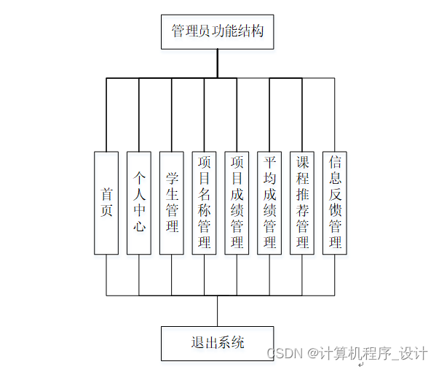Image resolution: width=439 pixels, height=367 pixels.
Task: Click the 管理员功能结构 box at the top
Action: (217, 32)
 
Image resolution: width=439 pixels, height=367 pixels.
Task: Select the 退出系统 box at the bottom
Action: (217, 343)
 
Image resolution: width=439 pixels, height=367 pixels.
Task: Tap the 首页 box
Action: (106, 202)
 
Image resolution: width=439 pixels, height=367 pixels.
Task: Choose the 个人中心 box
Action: (139, 202)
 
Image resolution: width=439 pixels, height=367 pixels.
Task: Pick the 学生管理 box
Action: (172, 202)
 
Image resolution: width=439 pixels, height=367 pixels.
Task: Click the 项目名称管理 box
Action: (205, 202)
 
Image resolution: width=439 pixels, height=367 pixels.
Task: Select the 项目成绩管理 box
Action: (237, 202)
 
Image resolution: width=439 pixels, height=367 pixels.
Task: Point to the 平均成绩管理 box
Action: (269, 202)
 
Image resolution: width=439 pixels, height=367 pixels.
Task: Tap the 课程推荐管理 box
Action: (302, 202)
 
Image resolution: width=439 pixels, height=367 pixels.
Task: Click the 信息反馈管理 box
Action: (335, 202)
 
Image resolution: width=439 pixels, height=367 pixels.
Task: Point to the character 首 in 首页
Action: (107, 194)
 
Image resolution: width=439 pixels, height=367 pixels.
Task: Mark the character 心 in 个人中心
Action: (139, 226)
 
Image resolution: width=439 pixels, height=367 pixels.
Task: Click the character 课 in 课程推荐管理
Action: (302, 162)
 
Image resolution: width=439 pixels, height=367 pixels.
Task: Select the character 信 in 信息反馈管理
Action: (335, 162)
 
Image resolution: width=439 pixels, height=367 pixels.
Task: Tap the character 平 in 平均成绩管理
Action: (269, 162)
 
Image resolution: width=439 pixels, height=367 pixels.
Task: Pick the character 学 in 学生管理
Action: (172, 177)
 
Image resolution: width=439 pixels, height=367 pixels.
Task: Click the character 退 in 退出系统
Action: (197, 343)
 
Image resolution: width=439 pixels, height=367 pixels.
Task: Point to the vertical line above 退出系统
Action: (217, 311)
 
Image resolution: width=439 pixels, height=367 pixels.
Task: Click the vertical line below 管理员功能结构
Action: (217, 63)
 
